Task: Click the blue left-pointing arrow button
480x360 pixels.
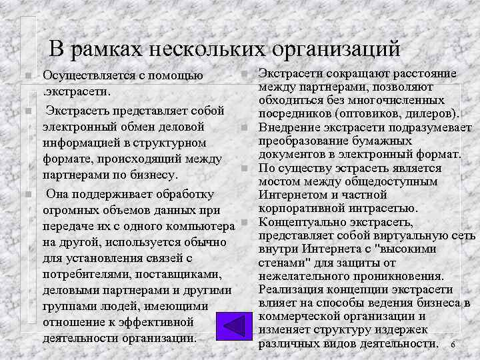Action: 237,326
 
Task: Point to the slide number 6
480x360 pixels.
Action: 453,345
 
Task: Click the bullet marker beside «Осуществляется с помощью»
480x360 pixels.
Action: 23,76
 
